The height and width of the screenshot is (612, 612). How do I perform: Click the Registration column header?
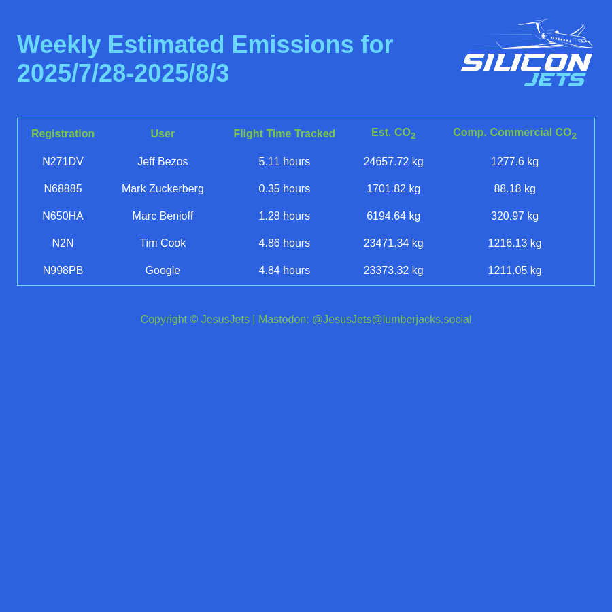tap(63, 133)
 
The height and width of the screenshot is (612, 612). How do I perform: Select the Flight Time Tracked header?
tap(284, 133)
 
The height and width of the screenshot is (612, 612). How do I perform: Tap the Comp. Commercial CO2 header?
tap(515, 133)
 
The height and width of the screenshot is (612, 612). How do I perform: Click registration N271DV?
tap(63, 161)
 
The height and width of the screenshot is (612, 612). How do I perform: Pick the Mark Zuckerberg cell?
tap(163, 188)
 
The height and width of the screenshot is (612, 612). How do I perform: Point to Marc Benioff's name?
tap(163, 216)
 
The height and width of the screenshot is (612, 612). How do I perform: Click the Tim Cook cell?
tap(163, 243)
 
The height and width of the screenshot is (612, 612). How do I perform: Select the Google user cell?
tap(163, 270)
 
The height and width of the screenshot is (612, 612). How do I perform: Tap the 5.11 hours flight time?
tap(284, 161)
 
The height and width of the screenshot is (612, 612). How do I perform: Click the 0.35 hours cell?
tap(284, 188)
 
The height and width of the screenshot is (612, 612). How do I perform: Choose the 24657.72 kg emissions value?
tap(394, 161)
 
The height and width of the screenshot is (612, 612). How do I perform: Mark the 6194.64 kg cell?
tap(394, 216)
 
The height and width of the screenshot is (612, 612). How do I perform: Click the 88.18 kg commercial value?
tap(515, 188)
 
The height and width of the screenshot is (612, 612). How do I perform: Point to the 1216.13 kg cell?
tap(515, 243)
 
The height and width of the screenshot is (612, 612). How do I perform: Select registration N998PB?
tap(63, 270)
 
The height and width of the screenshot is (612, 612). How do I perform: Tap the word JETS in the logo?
tap(555, 80)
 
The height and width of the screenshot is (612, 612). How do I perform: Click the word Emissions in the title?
tap(292, 44)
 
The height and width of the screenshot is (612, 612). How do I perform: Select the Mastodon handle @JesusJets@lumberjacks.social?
tap(392, 320)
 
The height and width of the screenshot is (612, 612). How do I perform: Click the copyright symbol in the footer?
tap(194, 320)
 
